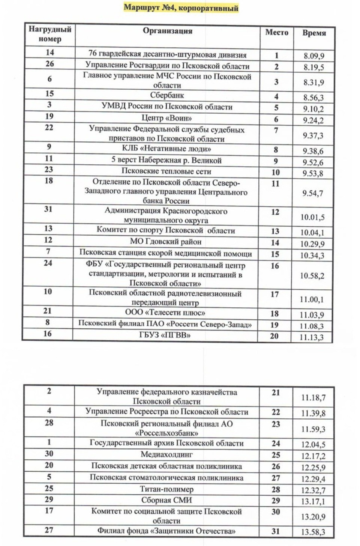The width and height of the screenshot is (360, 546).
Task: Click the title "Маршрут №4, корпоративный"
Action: click(x=181, y=8)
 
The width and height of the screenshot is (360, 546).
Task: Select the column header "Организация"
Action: click(x=167, y=31)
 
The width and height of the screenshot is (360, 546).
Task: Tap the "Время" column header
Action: click(x=314, y=33)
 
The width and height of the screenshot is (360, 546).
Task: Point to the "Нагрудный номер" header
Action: click(x=50, y=34)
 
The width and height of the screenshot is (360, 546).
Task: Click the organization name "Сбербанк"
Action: click(x=167, y=95)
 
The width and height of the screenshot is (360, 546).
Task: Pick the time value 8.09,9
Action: click(x=314, y=56)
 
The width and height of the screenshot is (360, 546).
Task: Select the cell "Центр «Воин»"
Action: click(x=167, y=118)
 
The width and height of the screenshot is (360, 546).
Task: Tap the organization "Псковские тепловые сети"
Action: click(x=166, y=171)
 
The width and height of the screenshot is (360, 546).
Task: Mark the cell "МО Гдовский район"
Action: click(x=166, y=242)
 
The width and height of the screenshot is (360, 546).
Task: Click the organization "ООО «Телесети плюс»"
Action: click(x=165, y=312)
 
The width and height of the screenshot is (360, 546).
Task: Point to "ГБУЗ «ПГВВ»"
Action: click(x=165, y=335)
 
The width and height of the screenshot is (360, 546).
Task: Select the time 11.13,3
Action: click(x=311, y=337)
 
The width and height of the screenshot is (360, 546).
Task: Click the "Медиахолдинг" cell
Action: click(x=166, y=454)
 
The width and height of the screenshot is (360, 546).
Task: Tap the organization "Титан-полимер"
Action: click(x=167, y=489)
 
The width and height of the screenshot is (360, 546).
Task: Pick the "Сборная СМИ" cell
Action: click(x=167, y=500)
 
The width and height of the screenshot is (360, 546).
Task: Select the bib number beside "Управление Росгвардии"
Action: click(x=50, y=64)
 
